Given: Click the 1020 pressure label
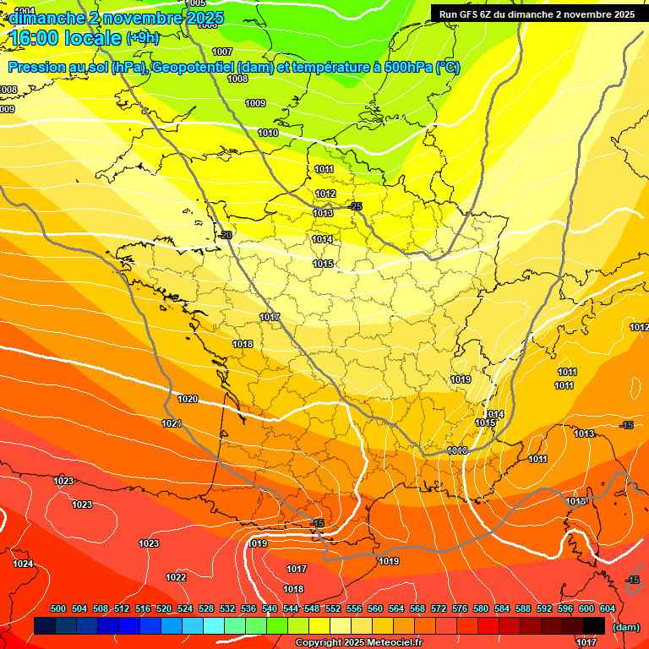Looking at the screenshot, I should (x=188, y=399).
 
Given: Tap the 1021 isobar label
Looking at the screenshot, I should (x=172, y=423).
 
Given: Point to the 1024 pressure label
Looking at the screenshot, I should (x=23, y=564).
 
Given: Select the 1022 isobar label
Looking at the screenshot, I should (x=176, y=577).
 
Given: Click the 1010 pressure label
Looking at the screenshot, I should (x=268, y=134).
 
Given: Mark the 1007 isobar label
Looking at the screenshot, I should (x=222, y=52).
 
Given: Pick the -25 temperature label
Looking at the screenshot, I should (x=356, y=206).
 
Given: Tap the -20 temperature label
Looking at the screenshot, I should (x=225, y=235).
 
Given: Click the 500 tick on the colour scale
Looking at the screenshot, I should (x=58, y=608).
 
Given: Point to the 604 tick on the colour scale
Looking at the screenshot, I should (x=608, y=608).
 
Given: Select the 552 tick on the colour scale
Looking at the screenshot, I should (x=333, y=608).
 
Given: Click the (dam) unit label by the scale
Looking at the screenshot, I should (x=626, y=627).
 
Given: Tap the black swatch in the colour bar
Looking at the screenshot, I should (x=594, y=625).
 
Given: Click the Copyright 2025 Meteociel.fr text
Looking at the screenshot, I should (x=358, y=643).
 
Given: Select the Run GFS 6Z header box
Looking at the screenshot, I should (x=537, y=14).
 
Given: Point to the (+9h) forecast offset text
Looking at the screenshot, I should (x=141, y=38).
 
